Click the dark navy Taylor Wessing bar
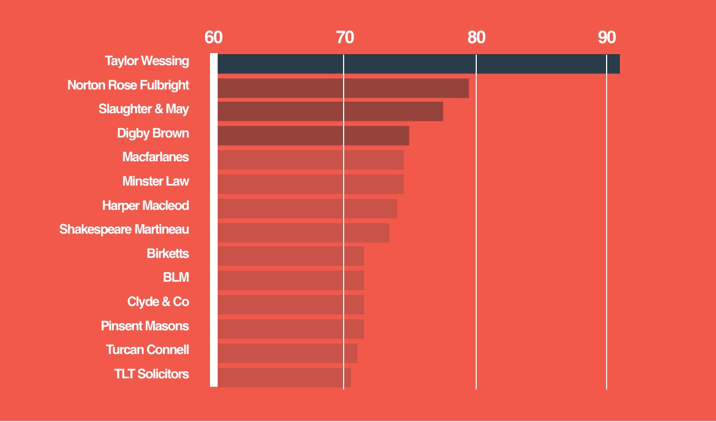(x=418, y=64)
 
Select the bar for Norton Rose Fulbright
(x=343, y=88)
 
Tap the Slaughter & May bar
(x=330, y=112)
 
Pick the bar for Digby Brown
(x=313, y=136)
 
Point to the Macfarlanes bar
(x=310, y=160)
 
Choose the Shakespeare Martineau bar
(x=303, y=233)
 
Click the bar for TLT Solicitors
(x=284, y=378)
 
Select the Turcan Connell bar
(x=287, y=354)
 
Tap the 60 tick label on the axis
(x=213, y=38)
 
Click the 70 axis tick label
(x=345, y=38)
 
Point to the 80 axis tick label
(x=476, y=38)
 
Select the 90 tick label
(x=607, y=38)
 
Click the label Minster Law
(x=156, y=181)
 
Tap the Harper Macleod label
(x=145, y=205)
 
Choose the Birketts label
(x=168, y=254)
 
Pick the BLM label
(x=176, y=278)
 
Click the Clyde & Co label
(x=158, y=302)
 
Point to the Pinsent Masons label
(x=145, y=326)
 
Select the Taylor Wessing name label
(x=147, y=61)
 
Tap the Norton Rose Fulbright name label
(x=128, y=85)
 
